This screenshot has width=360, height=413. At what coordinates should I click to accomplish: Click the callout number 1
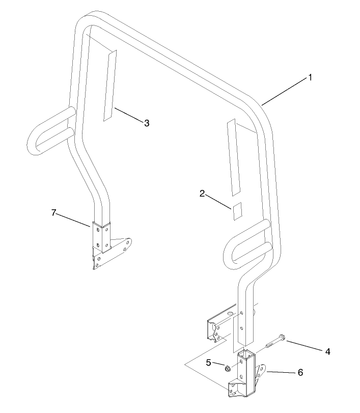click(x=310, y=78)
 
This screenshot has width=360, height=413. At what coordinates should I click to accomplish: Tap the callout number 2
click(x=202, y=194)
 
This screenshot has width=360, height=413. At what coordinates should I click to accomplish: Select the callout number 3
click(x=147, y=123)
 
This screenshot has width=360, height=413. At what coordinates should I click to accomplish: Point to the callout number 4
click(x=327, y=351)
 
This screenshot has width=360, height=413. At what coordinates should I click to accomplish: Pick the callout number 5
click(x=208, y=363)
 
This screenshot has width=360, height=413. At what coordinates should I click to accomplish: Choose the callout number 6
click(x=300, y=372)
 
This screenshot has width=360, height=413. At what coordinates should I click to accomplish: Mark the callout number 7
click(x=54, y=212)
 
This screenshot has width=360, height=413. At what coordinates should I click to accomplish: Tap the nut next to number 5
click(x=228, y=368)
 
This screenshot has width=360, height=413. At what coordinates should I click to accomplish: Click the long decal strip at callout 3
click(x=109, y=86)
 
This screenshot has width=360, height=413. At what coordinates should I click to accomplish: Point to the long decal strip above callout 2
click(x=234, y=157)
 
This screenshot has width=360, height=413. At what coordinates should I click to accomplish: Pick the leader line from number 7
click(x=73, y=219)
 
